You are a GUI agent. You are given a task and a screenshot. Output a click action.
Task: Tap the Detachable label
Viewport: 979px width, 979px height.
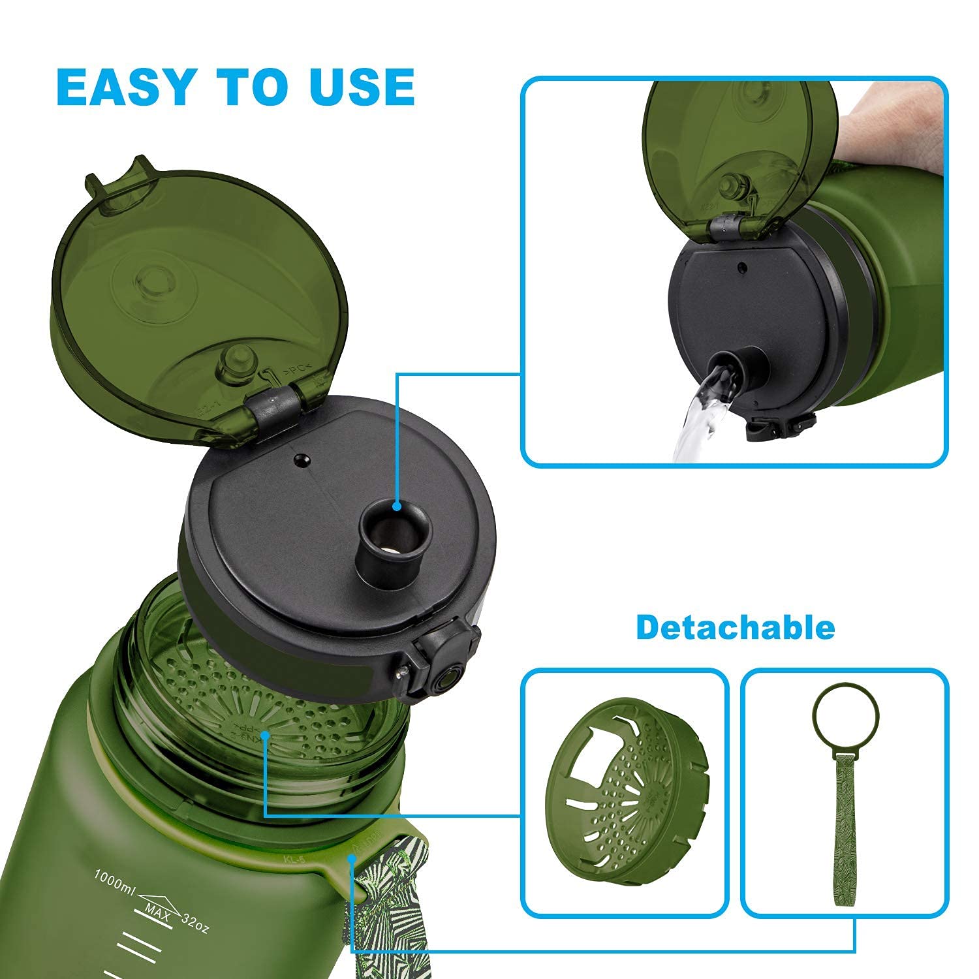[735, 627]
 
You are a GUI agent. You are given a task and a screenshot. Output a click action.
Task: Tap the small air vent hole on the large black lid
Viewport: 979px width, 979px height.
[301, 461]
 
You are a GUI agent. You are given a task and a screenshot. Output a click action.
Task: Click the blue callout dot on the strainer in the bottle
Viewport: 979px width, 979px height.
[265, 736]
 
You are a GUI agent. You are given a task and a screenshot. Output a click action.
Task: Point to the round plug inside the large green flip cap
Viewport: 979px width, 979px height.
[236, 362]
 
